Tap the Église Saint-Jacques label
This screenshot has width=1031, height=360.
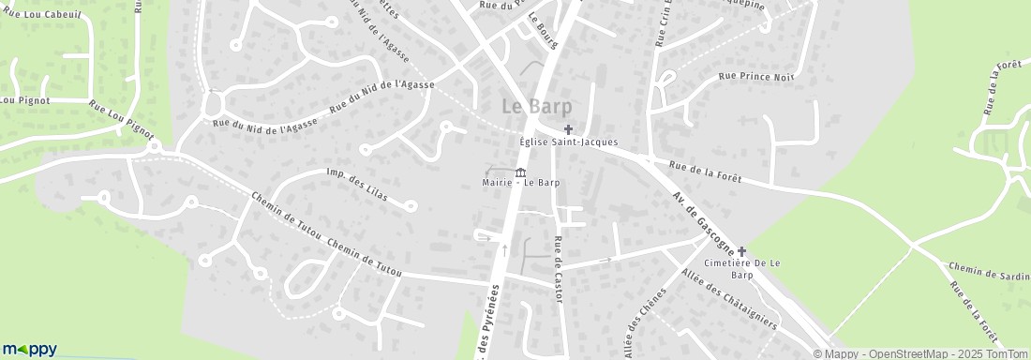click(569, 142)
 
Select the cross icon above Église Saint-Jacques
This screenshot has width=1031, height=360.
click(568, 128)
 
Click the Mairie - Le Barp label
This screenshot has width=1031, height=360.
click(521, 182)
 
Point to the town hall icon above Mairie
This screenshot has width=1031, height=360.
click(521, 170)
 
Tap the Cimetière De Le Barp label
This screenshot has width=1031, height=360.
click(742, 270)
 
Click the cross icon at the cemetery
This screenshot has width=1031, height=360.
click(742, 251)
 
